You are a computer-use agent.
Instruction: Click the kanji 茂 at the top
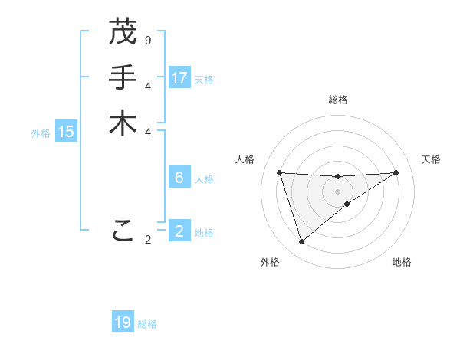(x=123, y=32)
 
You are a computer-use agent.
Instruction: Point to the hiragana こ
(x=123, y=229)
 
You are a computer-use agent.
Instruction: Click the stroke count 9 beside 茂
(x=148, y=39)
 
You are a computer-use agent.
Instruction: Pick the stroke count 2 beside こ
(x=148, y=240)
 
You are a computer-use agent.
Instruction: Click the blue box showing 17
(x=179, y=77)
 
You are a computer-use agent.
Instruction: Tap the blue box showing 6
(x=179, y=178)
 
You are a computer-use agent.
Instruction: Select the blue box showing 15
(x=66, y=132)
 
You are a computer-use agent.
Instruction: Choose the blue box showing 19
(x=123, y=322)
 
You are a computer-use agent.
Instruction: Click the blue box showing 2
(x=179, y=231)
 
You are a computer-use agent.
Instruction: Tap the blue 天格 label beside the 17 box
(x=204, y=80)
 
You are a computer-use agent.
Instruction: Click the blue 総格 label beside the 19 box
(x=147, y=324)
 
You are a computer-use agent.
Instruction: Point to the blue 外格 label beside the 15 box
(x=41, y=133)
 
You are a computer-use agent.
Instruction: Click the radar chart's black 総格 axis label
(x=337, y=100)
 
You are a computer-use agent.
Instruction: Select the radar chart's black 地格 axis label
(x=402, y=262)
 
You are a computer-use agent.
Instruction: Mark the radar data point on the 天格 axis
(x=396, y=172)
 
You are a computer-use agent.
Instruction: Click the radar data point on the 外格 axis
(x=301, y=242)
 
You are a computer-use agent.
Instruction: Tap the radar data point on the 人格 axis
(x=280, y=172)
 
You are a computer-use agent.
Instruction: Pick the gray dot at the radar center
(x=337, y=191)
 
